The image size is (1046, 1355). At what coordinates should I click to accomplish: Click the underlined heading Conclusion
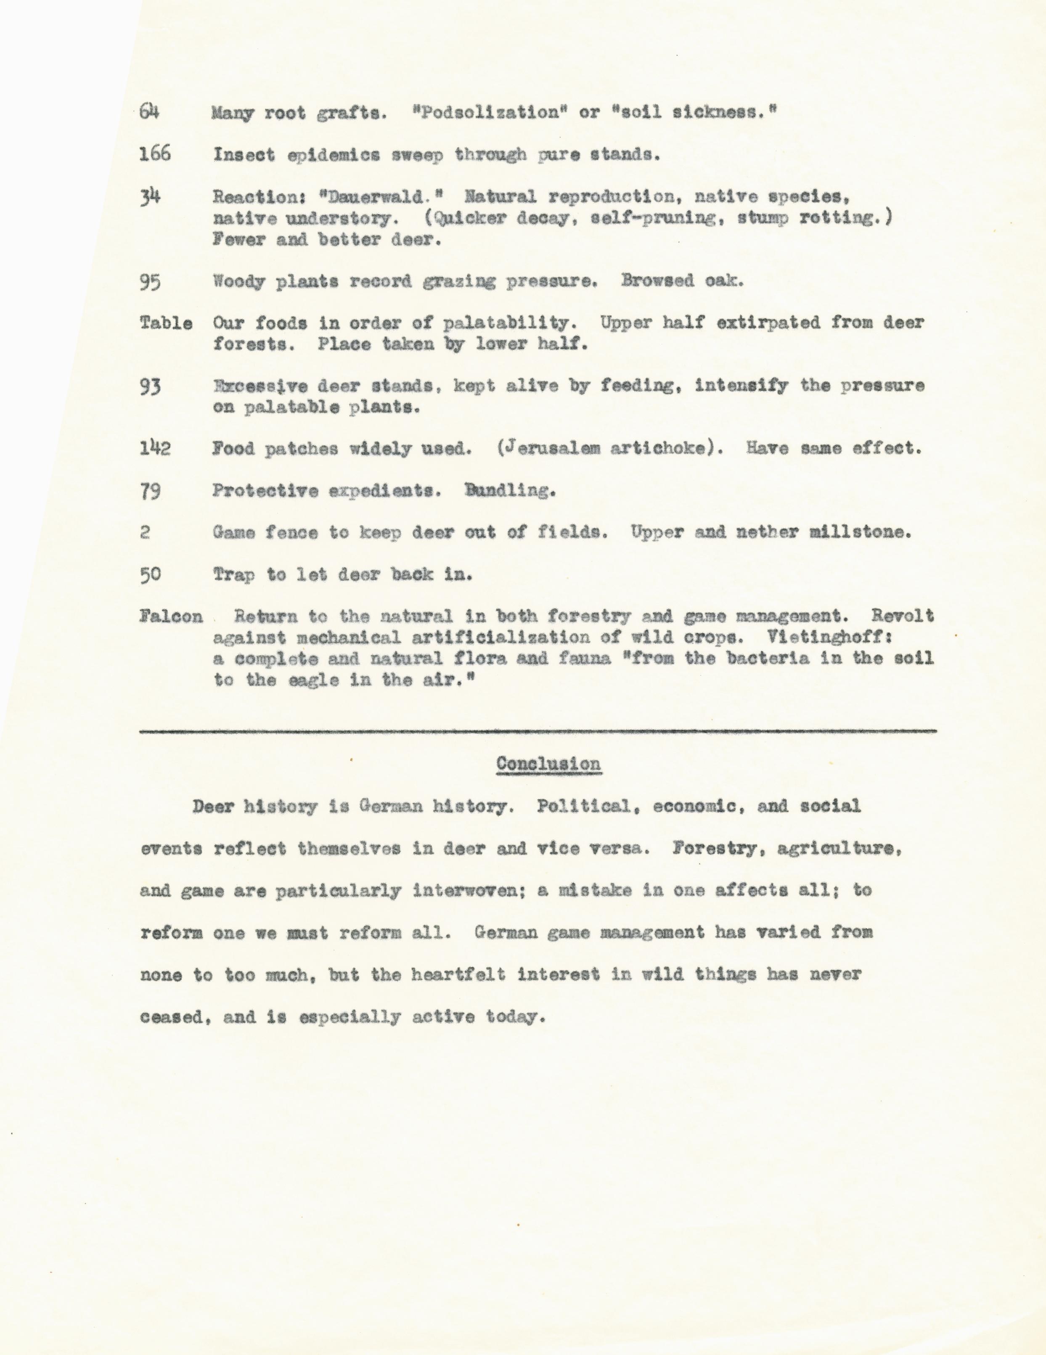(548, 764)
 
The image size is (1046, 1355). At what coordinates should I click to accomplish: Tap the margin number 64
(149, 112)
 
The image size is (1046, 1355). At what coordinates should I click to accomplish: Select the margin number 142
(154, 447)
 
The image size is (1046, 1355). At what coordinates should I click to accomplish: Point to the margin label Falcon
(171, 616)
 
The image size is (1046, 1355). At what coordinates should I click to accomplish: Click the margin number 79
(150, 491)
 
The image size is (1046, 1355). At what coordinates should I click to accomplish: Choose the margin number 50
(150, 574)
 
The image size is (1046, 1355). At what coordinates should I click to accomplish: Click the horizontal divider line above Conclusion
(537, 731)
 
